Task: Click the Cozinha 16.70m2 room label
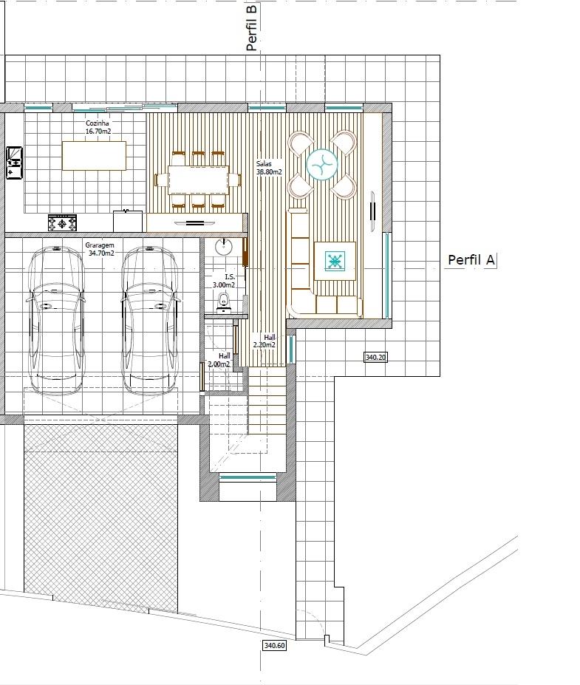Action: tap(98, 127)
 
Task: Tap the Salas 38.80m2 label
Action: tap(269, 168)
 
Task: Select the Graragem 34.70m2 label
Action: tap(101, 249)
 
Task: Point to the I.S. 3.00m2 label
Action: tap(224, 281)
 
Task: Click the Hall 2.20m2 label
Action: tap(265, 341)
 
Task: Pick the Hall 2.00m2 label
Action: tap(219, 360)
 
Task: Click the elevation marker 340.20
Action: tap(375, 357)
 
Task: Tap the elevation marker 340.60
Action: tap(274, 645)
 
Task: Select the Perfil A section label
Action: tap(471, 260)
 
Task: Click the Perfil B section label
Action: tap(251, 27)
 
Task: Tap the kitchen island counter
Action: tap(94, 155)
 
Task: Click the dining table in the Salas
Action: tap(198, 180)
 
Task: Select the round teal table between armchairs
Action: tap(322, 165)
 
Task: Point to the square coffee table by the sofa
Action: tap(335, 261)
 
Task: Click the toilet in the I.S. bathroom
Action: tap(224, 303)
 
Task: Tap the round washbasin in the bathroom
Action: tap(225, 247)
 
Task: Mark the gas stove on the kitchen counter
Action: tap(62, 223)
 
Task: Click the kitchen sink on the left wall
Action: tap(14, 163)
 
